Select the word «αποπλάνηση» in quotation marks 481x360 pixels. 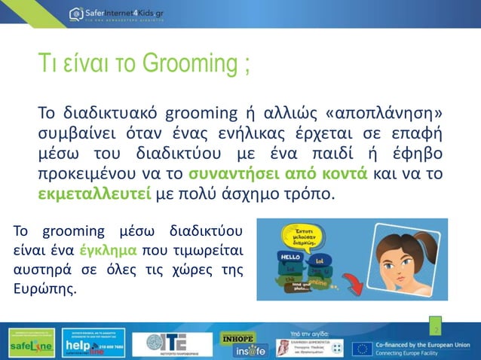[x=381, y=114]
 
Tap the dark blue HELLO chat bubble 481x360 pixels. [x=290, y=258]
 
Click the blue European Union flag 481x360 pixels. [x=363, y=347]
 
